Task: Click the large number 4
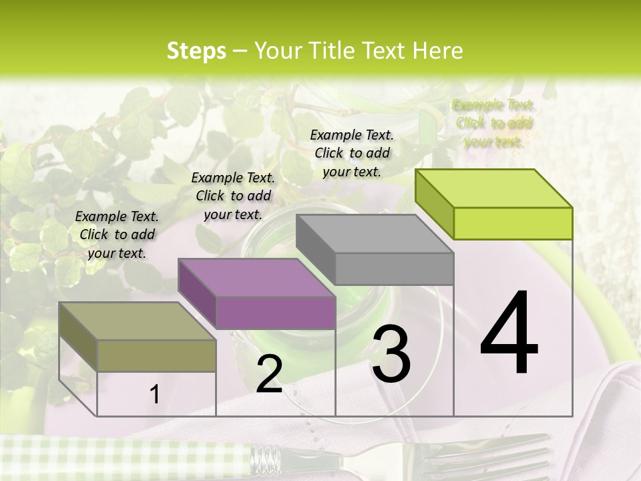point(509,334)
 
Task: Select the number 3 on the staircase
point(391,354)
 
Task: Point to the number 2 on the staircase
point(269,374)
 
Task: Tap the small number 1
point(155,395)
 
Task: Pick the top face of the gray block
point(374,234)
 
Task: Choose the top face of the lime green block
point(493,188)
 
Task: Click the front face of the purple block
point(276,313)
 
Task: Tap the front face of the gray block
point(394,269)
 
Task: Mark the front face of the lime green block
point(513,223)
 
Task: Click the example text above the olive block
point(117,234)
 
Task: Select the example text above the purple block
point(233,196)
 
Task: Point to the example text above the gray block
point(352,153)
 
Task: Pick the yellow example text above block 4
point(493,123)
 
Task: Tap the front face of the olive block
point(157,355)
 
